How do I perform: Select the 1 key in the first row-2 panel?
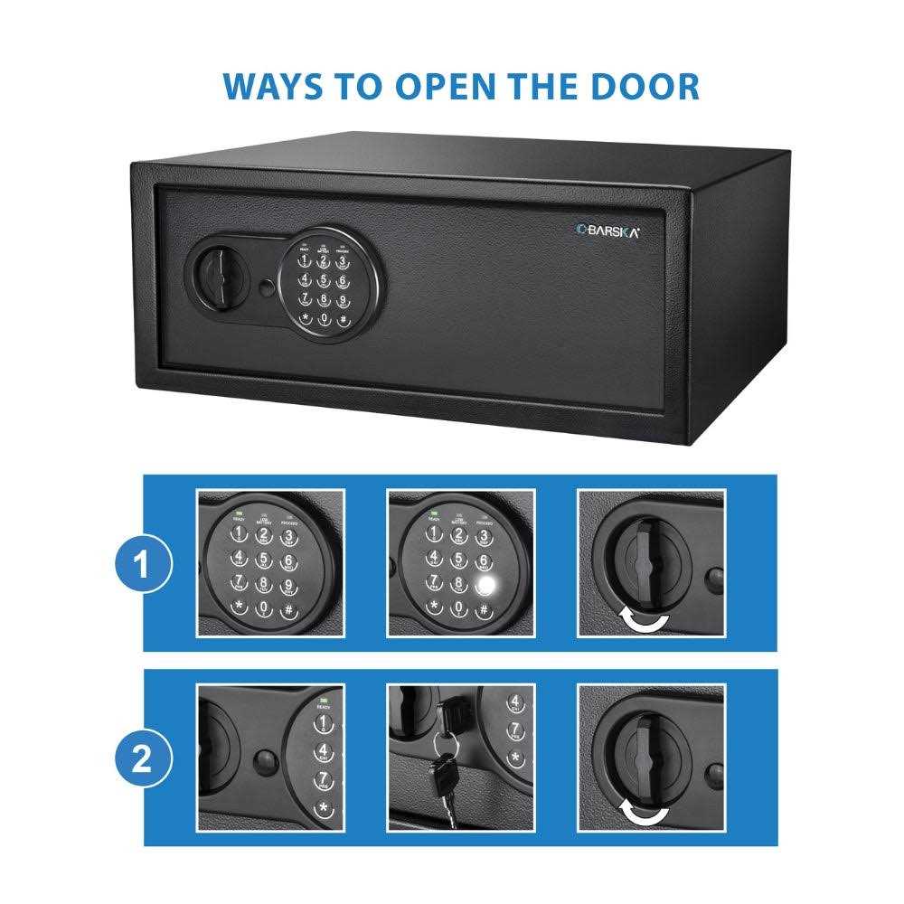pos(321,724)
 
